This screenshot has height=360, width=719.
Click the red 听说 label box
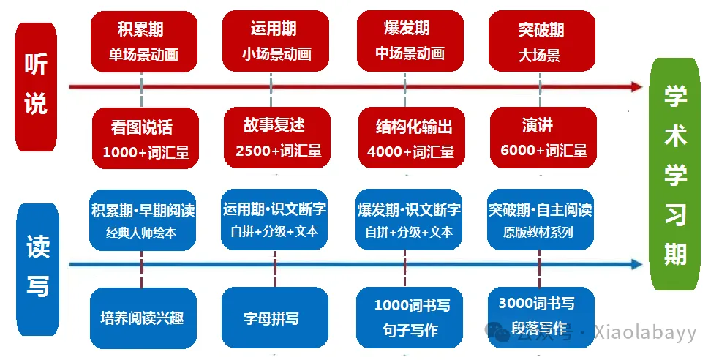coord(36,86)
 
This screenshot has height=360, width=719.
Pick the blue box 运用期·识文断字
coord(275,220)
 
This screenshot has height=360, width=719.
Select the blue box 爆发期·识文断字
coord(409,220)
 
